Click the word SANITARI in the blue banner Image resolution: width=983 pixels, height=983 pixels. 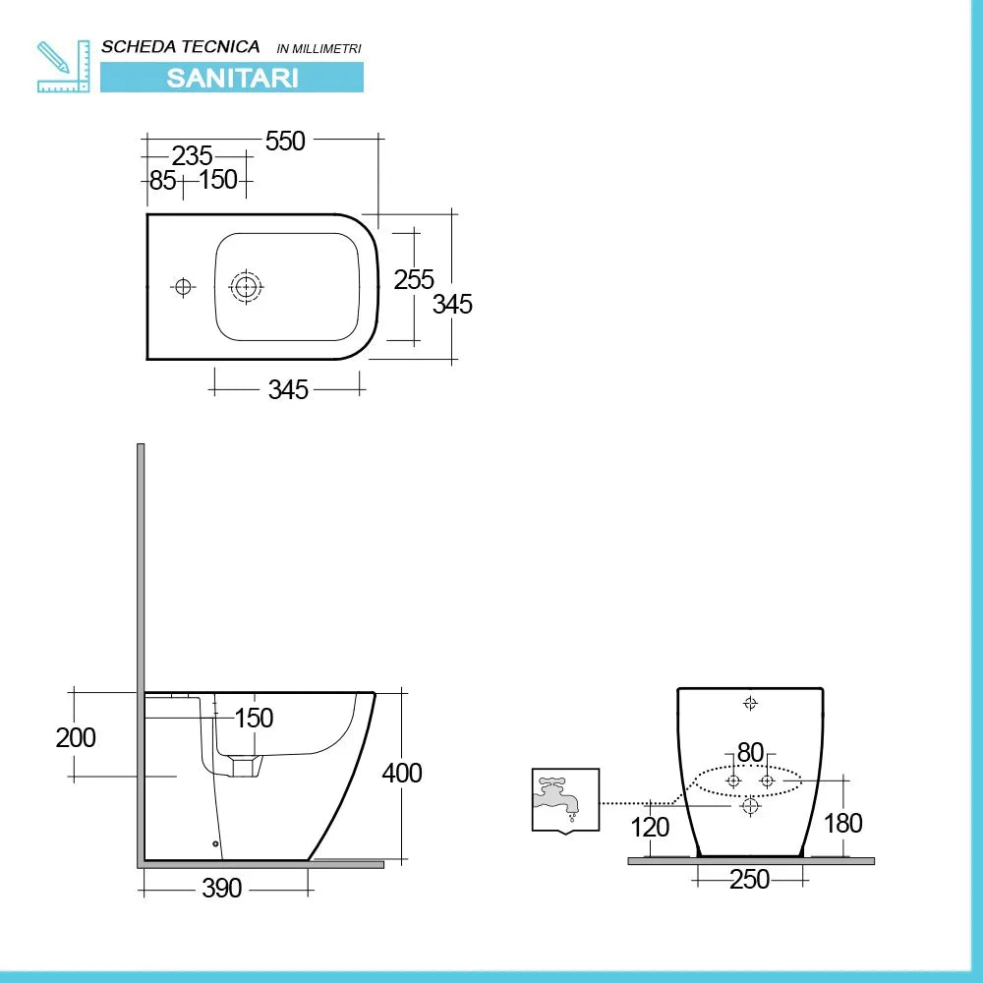point(232,78)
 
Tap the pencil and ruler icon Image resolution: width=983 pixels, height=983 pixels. point(63,67)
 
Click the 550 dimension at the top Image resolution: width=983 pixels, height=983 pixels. point(285,141)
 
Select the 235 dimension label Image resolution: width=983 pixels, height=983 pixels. point(193,155)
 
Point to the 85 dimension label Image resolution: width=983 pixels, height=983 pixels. point(162,181)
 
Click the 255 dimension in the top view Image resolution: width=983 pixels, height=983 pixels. point(414,279)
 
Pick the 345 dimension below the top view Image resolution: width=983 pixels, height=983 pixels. point(288,390)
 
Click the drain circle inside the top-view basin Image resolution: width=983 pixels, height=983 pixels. point(247,287)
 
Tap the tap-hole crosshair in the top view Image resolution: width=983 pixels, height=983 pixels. point(183,287)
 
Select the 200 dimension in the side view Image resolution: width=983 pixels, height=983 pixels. point(76,738)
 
